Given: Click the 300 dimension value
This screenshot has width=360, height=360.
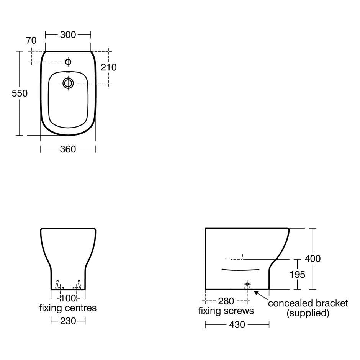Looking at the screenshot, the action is (x=68, y=35).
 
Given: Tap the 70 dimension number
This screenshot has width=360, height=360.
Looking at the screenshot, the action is (x=31, y=41).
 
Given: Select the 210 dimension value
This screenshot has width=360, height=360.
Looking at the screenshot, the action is (x=109, y=67).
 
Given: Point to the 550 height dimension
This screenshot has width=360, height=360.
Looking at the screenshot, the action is (x=20, y=93).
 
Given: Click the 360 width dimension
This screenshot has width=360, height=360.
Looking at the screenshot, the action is (x=68, y=149).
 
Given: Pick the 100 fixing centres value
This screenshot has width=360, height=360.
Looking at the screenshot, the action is (x=68, y=298).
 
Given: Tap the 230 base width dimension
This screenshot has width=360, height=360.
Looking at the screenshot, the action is (x=68, y=321).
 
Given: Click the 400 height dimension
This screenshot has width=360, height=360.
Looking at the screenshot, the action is (x=313, y=259).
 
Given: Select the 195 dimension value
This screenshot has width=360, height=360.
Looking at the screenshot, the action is (x=297, y=275).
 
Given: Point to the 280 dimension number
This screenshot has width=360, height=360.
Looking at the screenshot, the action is (x=226, y=301).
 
